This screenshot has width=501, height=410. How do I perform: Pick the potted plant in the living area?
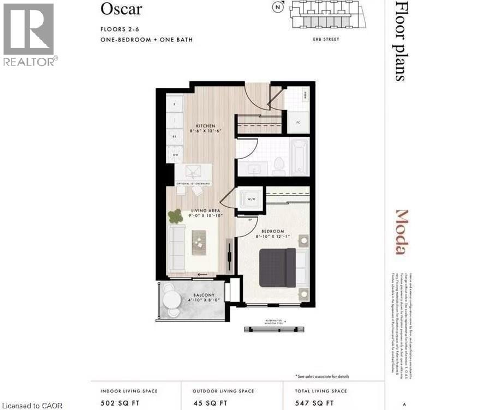tap(175, 216)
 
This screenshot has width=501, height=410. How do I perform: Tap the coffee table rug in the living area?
tap(199, 242)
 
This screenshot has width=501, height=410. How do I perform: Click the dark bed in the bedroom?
tap(277, 267)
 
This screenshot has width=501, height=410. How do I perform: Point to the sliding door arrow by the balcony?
tap(202, 275)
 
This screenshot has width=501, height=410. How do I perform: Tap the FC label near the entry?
tap(290, 122)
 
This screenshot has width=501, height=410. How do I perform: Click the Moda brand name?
tap(402, 232)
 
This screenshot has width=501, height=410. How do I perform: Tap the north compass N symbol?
tap(278, 7)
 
